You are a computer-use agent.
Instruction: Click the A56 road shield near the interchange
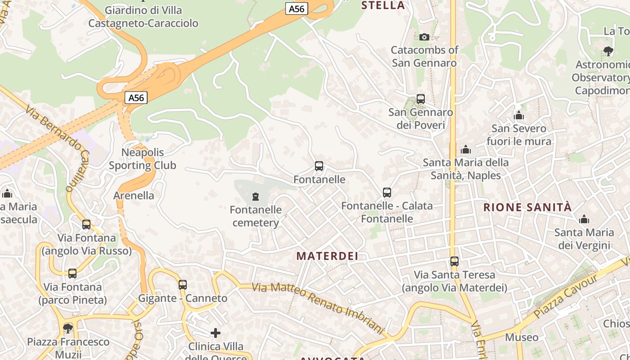point(136,98)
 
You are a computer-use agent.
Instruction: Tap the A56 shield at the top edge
point(297,8)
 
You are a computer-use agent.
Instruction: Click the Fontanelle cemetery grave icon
point(256,197)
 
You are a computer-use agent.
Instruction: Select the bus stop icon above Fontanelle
point(319,166)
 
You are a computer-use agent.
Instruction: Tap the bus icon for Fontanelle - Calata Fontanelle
point(387,193)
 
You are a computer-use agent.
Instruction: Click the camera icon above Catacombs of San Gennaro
point(424,37)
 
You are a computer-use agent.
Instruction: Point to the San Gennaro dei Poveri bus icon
point(421,99)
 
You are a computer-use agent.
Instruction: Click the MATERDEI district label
point(327,256)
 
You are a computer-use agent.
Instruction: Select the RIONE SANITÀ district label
point(527,207)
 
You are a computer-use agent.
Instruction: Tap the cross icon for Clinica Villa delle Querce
point(216,333)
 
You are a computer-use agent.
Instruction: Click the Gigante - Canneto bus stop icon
point(182,285)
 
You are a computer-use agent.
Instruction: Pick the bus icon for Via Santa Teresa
point(454,261)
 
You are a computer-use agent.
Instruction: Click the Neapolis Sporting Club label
point(143,159)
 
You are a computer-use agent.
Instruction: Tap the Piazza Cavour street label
point(567,296)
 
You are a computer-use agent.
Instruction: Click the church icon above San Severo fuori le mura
point(519,116)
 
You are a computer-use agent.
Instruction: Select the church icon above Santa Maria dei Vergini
point(584,220)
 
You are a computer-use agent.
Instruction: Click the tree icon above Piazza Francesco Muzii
point(68,328)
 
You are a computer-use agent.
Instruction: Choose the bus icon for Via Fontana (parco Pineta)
point(72,274)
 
